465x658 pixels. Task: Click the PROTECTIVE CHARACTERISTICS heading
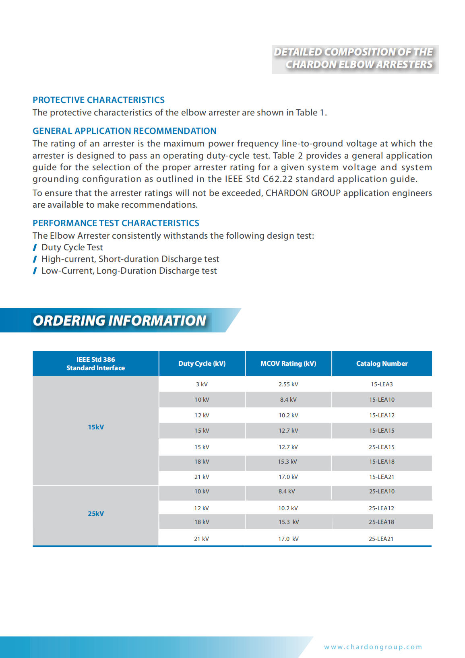click(x=99, y=100)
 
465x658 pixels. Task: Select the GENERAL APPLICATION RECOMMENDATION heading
click(x=124, y=131)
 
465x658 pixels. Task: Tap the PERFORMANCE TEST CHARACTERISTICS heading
click(x=116, y=223)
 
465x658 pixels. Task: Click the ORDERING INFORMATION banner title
click(x=120, y=320)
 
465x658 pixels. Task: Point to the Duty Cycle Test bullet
click(x=72, y=248)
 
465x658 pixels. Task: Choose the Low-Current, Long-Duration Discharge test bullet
click(x=129, y=271)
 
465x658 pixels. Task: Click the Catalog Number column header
click(x=382, y=363)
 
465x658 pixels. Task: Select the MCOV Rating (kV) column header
click(x=288, y=363)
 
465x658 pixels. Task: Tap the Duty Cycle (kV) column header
click(x=202, y=363)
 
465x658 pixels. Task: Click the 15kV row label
click(x=96, y=427)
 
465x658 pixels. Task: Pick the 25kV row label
click(x=96, y=514)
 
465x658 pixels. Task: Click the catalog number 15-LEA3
click(x=382, y=384)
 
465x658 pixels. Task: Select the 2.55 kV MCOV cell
click(x=288, y=384)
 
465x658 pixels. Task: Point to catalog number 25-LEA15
click(x=382, y=447)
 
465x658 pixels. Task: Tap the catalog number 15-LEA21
click(x=382, y=477)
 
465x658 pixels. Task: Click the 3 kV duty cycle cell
click(x=202, y=384)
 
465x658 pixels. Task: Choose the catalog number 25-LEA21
click(x=381, y=539)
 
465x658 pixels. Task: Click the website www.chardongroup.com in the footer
click(x=373, y=647)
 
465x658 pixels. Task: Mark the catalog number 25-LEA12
click(x=381, y=508)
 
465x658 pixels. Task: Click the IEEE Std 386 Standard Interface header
click(x=96, y=363)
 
